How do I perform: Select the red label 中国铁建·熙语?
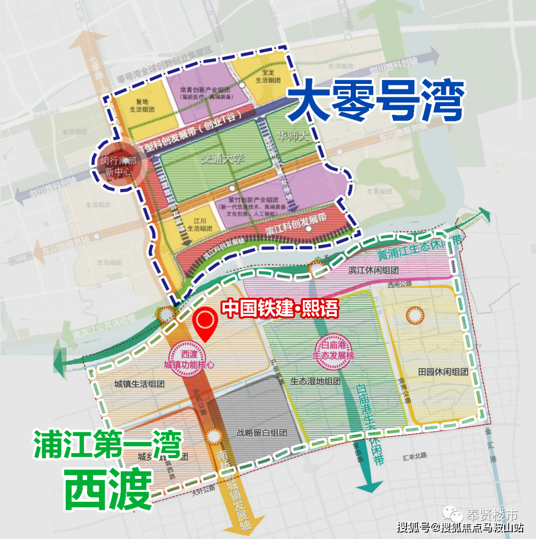280,309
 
